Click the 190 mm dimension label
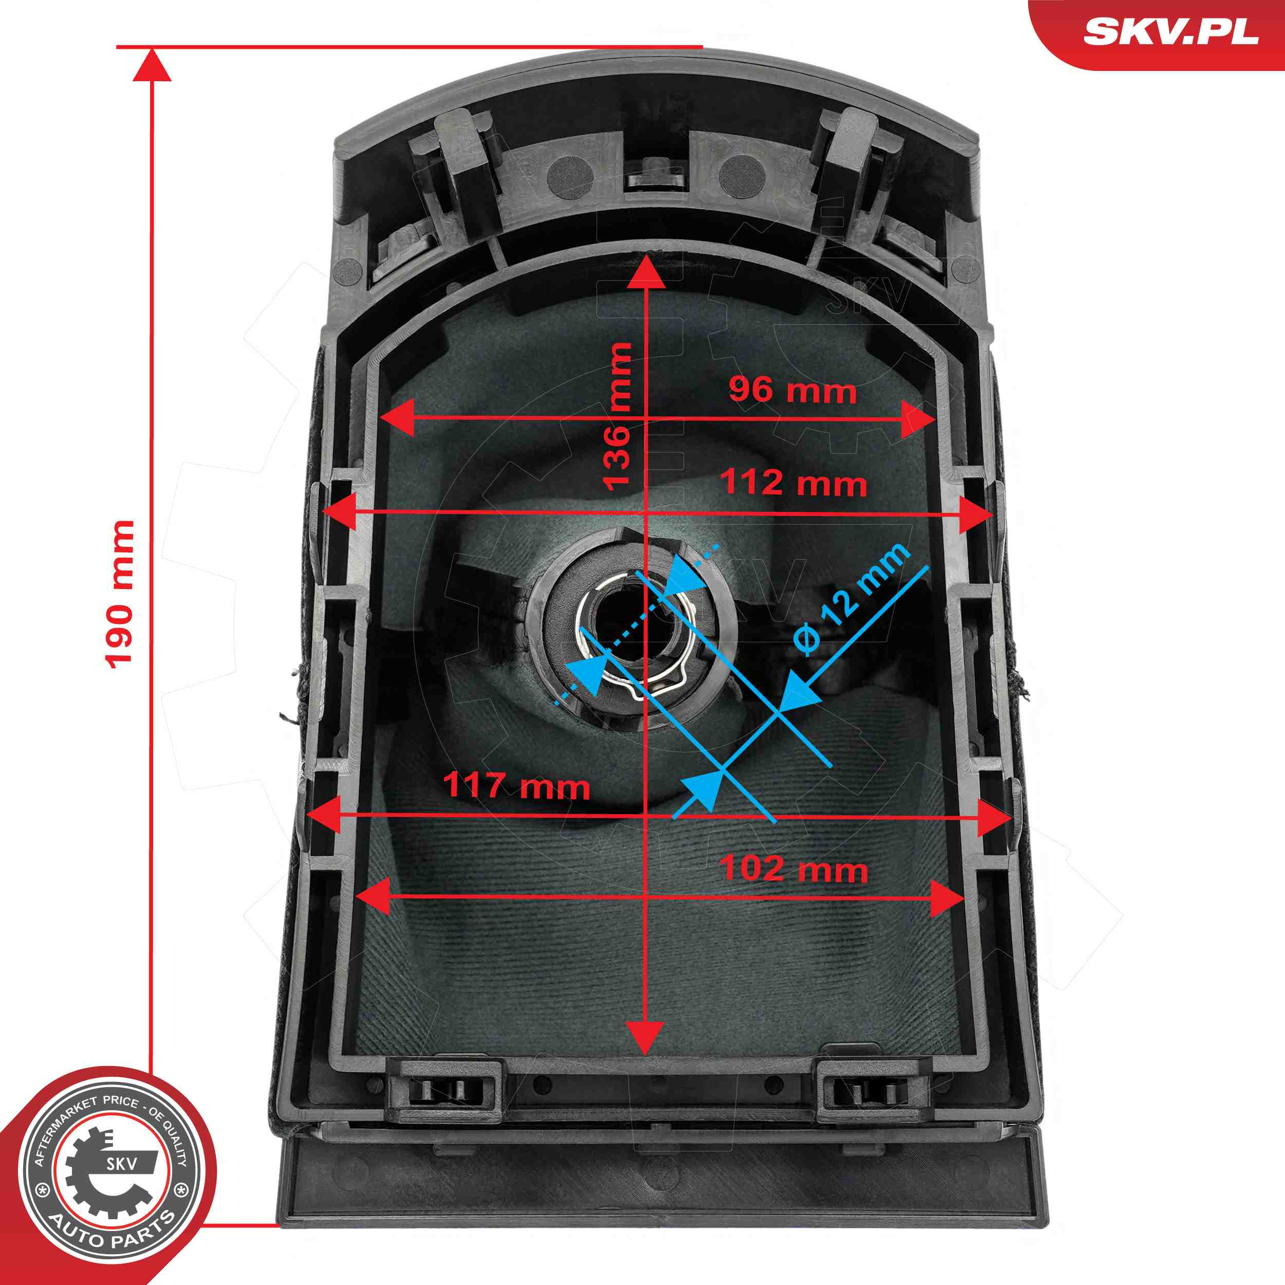pos(120,594)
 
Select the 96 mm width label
pos(792,389)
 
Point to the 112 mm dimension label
pos(794,482)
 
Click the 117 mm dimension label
pos(516,785)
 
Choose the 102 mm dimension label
pos(794,869)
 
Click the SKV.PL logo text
pos(1171,31)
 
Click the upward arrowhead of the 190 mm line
pos(152,65)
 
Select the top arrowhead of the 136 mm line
pos(646,271)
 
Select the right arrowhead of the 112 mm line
pos(977,512)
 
